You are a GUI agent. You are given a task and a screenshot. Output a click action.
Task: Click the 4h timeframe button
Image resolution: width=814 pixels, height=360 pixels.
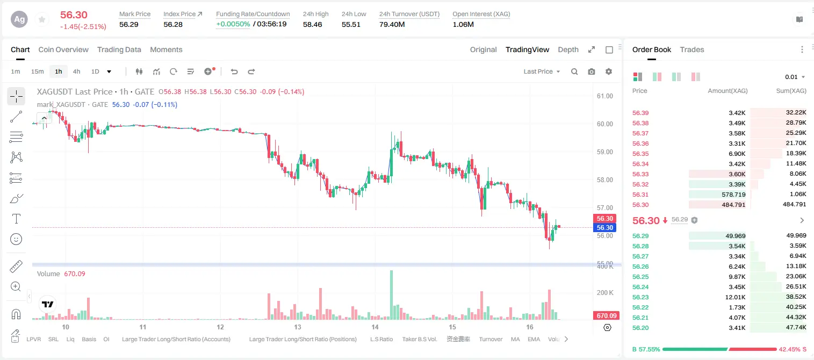(x=76, y=71)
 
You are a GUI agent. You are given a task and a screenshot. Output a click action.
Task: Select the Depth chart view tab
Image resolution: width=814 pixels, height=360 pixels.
(x=568, y=50)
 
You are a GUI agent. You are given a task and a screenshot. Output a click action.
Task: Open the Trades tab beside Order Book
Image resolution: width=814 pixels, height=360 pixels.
(x=692, y=50)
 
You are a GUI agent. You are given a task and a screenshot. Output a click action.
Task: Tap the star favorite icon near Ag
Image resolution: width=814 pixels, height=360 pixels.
(x=42, y=19)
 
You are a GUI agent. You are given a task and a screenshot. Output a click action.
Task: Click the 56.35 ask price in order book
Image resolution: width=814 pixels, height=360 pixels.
(x=640, y=154)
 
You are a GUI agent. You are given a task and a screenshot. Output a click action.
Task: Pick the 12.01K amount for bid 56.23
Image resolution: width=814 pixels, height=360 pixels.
(x=735, y=297)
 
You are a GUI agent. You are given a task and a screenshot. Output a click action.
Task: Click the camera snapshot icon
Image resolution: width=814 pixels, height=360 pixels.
(x=592, y=71)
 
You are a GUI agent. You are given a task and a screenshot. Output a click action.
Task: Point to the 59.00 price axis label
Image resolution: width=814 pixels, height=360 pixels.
(x=604, y=152)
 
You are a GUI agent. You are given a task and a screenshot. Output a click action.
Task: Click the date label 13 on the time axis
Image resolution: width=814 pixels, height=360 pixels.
(x=298, y=327)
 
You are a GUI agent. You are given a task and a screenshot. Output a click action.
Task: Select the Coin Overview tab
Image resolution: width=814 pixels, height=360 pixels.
(x=63, y=50)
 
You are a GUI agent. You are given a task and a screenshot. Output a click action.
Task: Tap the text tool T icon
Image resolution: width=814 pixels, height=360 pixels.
(x=16, y=219)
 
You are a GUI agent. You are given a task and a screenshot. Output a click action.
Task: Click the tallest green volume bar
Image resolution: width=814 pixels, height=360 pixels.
(x=391, y=294)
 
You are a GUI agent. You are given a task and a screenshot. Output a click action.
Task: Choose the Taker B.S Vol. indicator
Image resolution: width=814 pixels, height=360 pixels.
(x=419, y=339)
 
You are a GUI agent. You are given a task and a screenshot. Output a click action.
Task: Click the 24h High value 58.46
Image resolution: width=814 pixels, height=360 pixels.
(x=313, y=24)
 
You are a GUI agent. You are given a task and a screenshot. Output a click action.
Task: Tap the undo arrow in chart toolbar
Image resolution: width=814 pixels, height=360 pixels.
(x=234, y=71)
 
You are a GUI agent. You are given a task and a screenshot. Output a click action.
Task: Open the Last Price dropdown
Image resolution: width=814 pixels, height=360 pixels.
(x=542, y=71)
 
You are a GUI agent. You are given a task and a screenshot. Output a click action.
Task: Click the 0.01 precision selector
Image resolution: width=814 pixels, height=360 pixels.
(x=795, y=77)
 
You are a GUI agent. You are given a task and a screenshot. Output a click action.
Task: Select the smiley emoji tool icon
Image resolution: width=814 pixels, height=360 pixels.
(x=16, y=239)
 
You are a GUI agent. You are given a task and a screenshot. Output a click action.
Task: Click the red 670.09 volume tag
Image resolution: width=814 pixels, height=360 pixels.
(x=606, y=316)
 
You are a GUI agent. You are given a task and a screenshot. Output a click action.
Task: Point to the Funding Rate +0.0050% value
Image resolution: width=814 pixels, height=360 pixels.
(x=233, y=24)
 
